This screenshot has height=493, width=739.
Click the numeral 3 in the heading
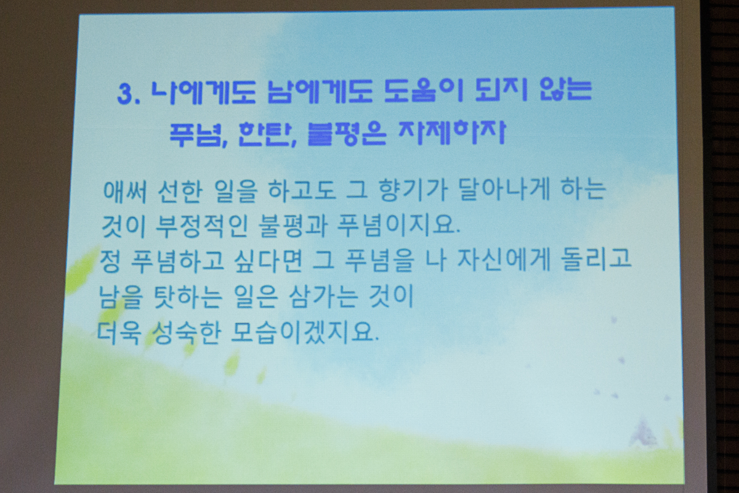(124, 94)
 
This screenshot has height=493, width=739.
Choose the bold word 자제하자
(452, 132)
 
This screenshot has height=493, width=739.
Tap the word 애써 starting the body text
(124, 192)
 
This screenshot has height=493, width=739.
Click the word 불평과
(293, 226)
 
